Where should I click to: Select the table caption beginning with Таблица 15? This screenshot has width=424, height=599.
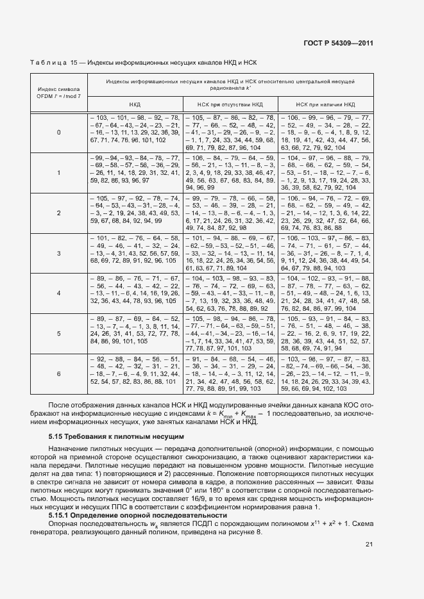144,63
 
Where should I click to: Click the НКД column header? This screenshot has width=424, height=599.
135,103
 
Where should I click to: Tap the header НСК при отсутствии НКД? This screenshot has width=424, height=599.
230,103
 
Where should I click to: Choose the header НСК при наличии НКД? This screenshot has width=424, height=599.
325,103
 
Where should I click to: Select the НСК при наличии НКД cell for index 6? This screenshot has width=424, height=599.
325,373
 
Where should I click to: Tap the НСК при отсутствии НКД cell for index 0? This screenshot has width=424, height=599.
230,132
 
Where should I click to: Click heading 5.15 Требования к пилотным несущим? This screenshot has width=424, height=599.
112,436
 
